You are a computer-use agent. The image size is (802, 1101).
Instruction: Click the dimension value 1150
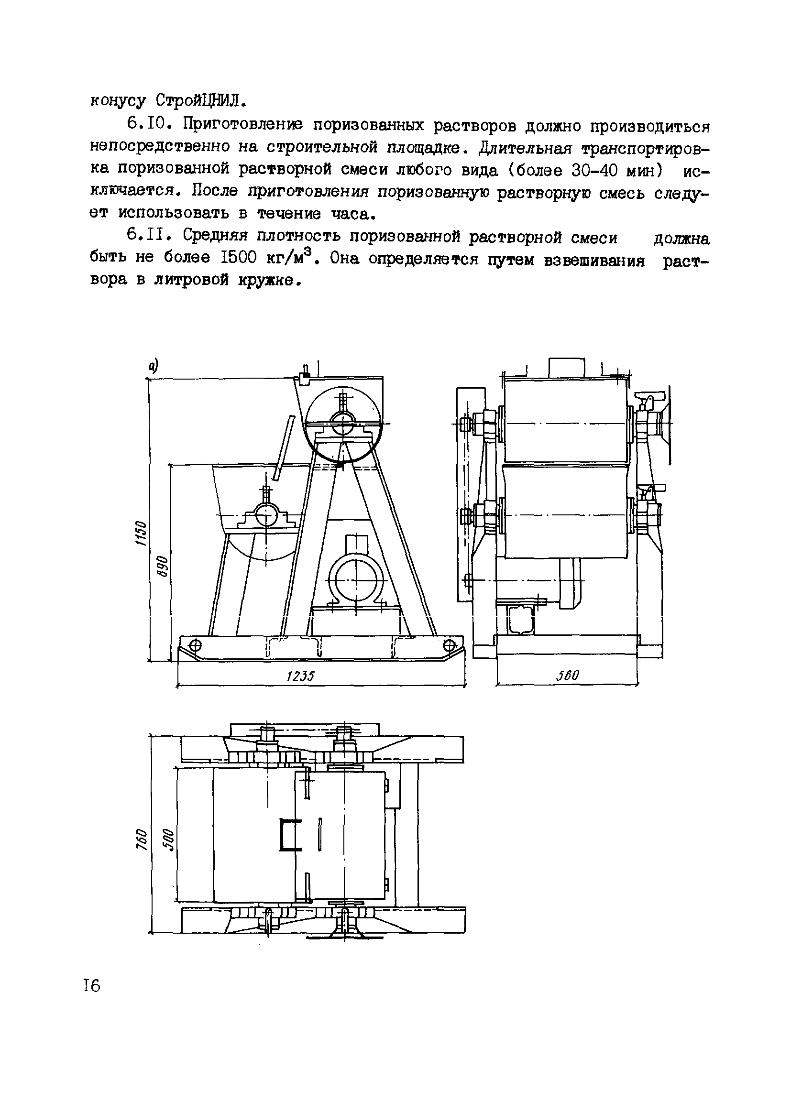[x=140, y=534]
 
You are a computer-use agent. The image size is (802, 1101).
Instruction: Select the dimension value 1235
[x=300, y=676]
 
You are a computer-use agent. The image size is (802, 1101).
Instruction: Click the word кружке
[x=266, y=280]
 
